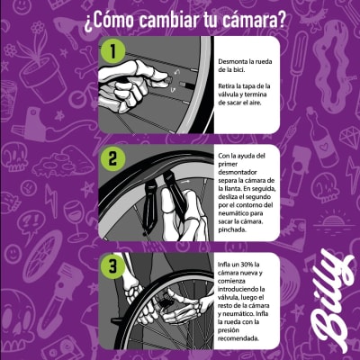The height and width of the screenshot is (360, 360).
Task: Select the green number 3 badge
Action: (111, 266)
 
